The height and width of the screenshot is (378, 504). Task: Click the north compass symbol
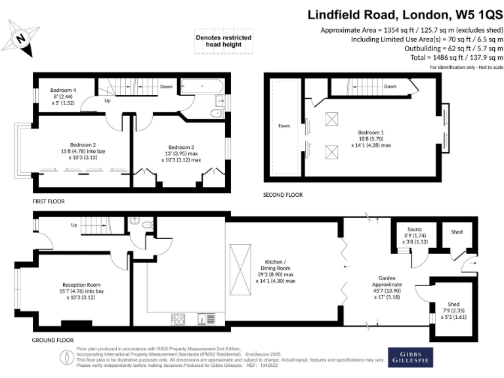pyautogui.click(x=24, y=37)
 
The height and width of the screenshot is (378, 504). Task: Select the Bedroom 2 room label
pyautogui.click(x=83, y=144)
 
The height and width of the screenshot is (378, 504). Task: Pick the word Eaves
pyautogui.click(x=284, y=125)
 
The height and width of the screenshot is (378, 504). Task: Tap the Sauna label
pyautogui.click(x=414, y=229)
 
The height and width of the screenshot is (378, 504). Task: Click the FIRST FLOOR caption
pyautogui.click(x=49, y=201)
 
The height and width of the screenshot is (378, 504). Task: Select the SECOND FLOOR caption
pyautogui.click(x=283, y=195)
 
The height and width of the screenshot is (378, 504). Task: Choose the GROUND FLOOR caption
pyautogui.click(x=52, y=341)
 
